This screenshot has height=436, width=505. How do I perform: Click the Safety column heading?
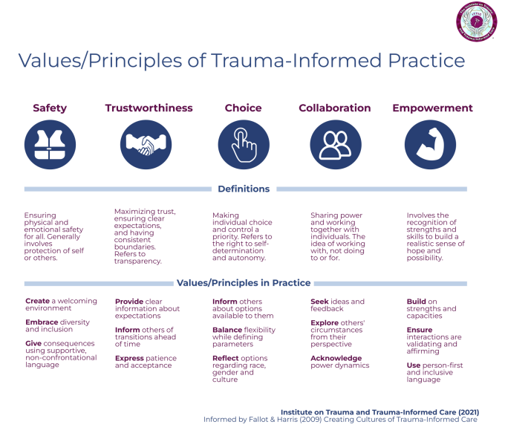(x=50, y=108)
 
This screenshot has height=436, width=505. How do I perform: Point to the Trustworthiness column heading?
(x=149, y=108)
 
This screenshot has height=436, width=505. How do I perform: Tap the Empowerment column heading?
(x=432, y=108)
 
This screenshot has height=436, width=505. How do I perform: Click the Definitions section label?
(x=244, y=189)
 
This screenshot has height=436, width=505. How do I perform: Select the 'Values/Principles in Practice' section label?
(x=244, y=283)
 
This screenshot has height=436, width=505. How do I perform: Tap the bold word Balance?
(x=227, y=330)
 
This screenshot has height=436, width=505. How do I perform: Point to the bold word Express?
(x=130, y=358)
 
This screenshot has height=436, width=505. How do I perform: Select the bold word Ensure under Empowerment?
(x=420, y=330)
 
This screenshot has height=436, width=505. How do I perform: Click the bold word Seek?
(x=319, y=302)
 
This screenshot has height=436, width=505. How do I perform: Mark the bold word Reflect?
(x=227, y=358)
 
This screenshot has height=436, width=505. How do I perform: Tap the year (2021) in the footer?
(x=463, y=411)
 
